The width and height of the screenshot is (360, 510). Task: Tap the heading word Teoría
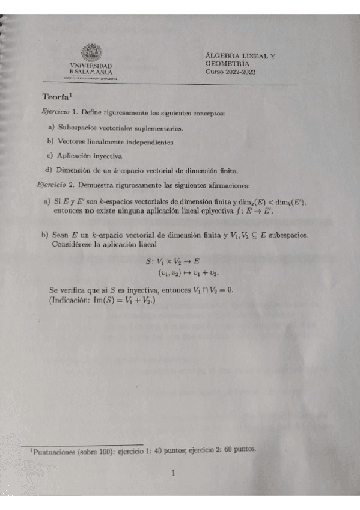coord(56,97)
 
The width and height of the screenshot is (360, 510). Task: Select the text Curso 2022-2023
coord(231,72)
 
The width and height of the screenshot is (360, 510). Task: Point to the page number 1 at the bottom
coord(173,473)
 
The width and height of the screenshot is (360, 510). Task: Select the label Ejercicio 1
coord(58,112)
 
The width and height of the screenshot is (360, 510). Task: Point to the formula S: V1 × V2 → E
coord(173,262)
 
